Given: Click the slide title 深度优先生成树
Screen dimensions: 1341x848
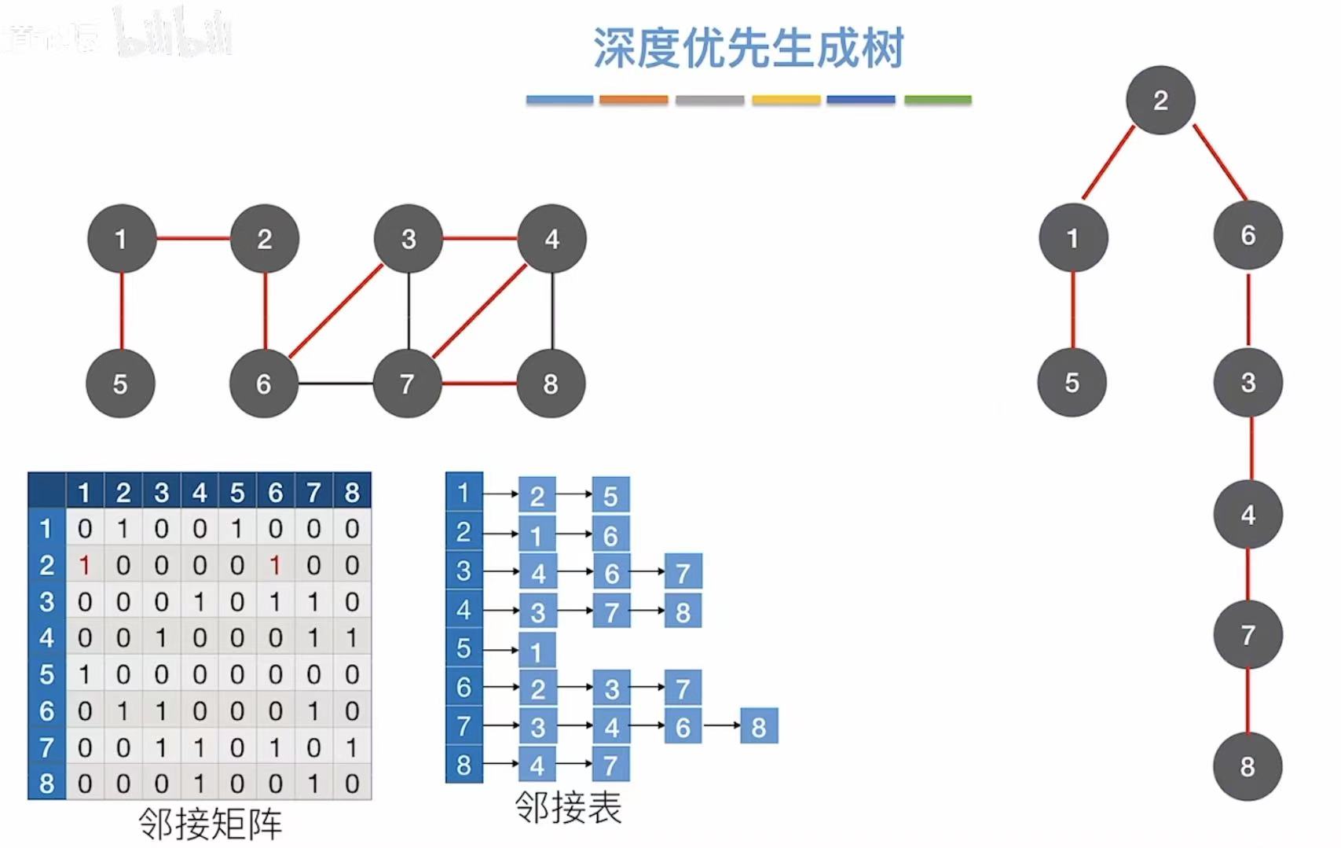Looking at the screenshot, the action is click(748, 49).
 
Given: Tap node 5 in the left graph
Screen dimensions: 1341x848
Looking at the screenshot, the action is click(120, 384).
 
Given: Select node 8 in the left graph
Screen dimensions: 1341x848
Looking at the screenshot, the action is click(551, 384).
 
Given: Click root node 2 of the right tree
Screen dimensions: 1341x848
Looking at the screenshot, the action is click(1160, 101).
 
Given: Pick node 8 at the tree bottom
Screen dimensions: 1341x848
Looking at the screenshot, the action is click(1248, 766).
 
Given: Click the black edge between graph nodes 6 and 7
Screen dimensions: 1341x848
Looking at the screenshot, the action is click(335, 384).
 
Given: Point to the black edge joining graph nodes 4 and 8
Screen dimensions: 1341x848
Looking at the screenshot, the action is click(552, 311).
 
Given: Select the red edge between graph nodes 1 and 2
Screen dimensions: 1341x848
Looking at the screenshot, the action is click(192, 238).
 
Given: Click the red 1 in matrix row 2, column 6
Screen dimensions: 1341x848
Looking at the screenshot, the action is click(275, 565).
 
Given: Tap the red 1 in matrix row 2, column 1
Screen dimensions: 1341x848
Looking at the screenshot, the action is click(84, 565).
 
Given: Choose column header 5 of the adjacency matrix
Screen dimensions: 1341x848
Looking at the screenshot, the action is click(237, 493).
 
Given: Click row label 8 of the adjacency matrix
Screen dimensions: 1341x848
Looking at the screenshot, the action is click(46, 784).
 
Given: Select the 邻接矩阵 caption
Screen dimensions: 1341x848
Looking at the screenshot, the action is click(210, 824).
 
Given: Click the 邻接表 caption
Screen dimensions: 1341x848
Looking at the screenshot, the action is click(568, 807).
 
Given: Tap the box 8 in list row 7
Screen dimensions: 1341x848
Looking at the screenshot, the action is click(759, 727).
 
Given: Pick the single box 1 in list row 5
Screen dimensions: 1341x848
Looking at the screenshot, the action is click(537, 652).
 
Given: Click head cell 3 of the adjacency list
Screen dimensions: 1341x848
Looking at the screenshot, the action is click(463, 571).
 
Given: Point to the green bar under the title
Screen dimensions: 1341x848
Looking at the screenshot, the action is click(937, 100).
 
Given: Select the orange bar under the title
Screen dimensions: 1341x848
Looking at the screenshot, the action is click(633, 100).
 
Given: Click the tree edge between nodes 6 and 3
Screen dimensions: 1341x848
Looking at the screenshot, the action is click(1248, 309).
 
